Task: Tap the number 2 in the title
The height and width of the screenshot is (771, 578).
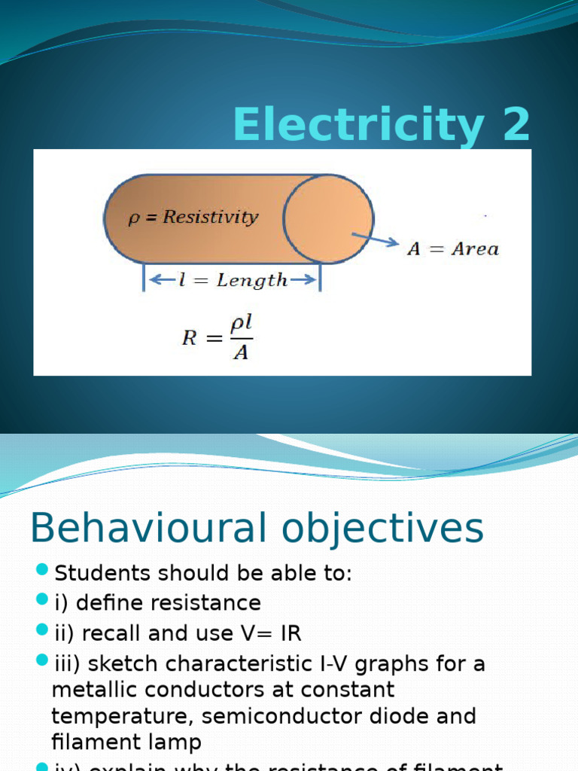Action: [x=512, y=125]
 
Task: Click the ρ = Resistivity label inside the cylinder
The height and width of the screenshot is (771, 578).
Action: [x=193, y=218]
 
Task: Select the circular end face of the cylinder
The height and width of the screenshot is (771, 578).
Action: [x=328, y=219]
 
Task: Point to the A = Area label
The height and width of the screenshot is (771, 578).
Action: [x=453, y=249]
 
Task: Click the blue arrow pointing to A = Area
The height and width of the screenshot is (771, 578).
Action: [x=375, y=239]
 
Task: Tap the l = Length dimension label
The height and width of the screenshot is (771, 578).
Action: [x=233, y=281]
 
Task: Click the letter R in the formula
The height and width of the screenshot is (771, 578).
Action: [x=190, y=338]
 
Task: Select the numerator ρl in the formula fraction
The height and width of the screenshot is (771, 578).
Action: [x=241, y=325]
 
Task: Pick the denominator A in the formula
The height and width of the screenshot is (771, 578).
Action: [x=241, y=352]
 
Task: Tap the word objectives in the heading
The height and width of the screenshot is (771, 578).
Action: [x=391, y=529]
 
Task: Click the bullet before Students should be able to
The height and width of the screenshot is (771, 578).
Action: [x=41, y=568]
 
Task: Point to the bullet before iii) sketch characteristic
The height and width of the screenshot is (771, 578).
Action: [x=41, y=660]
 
